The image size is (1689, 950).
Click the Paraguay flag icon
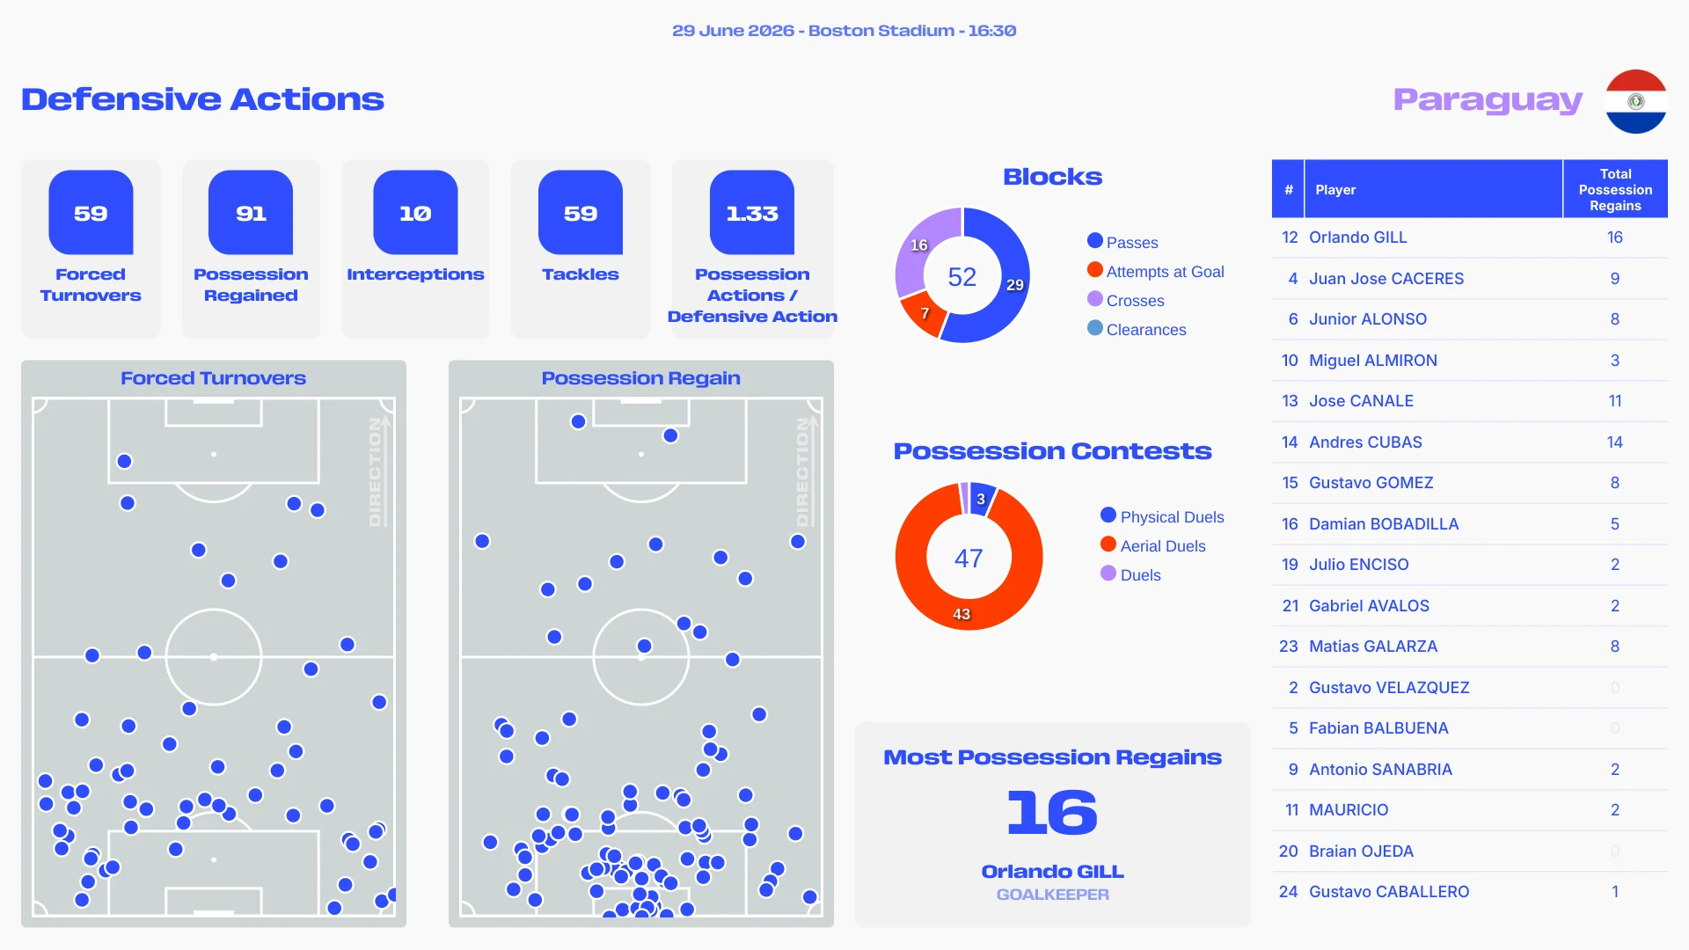pos(1635,101)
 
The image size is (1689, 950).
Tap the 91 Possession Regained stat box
pos(251,249)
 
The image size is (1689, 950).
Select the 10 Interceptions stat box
pos(415,249)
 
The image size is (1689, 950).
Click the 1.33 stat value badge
pos(752,213)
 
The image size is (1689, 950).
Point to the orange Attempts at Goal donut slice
pos(924,315)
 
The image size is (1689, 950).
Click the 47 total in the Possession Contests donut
pos(969,558)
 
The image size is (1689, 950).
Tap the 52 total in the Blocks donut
pos(962,277)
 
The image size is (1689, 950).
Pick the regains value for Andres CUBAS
pos(1615,442)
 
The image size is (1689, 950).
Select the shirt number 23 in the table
pos(1289,647)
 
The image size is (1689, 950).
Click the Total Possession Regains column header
pos(1615,189)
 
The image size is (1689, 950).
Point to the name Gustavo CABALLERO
pos(1389,892)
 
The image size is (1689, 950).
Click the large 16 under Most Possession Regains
pos(1052,812)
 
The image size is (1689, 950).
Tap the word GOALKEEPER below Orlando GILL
pos(1052,895)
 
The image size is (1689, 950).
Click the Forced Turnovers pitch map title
pos(213,378)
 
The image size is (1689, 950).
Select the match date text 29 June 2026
pos(733,31)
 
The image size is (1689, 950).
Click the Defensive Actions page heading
pos(202,99)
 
